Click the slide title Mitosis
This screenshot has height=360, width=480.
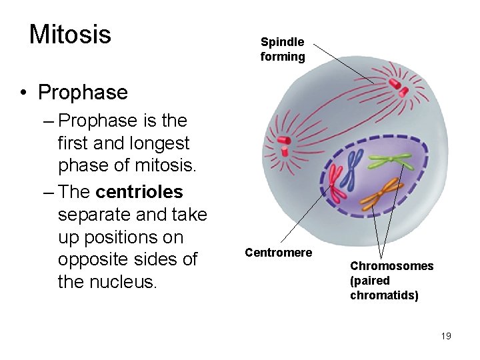point(70,34)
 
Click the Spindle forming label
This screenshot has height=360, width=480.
point(283,49)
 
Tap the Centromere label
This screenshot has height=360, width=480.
point(278,253)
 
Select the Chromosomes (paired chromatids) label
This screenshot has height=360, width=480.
point(391,281)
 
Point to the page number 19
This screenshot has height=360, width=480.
point(446,336)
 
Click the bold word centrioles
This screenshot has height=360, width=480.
point(139,192)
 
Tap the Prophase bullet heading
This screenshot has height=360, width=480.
point(83,92)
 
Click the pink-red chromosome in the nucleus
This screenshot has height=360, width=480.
point(336,183)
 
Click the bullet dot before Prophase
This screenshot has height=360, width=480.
point(25,93)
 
